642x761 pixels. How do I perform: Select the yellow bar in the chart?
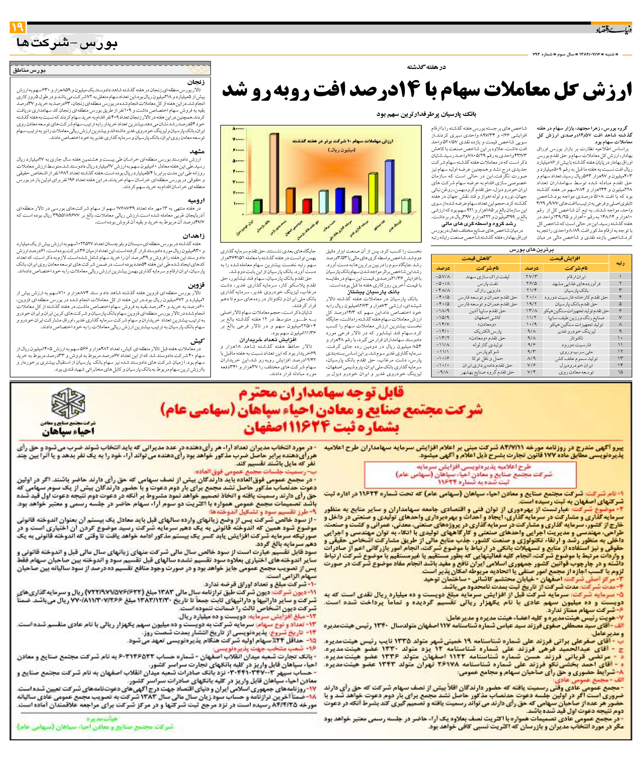(373, 193)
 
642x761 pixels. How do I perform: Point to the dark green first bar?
(258, 206)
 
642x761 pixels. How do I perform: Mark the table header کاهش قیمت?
(476, 258)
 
